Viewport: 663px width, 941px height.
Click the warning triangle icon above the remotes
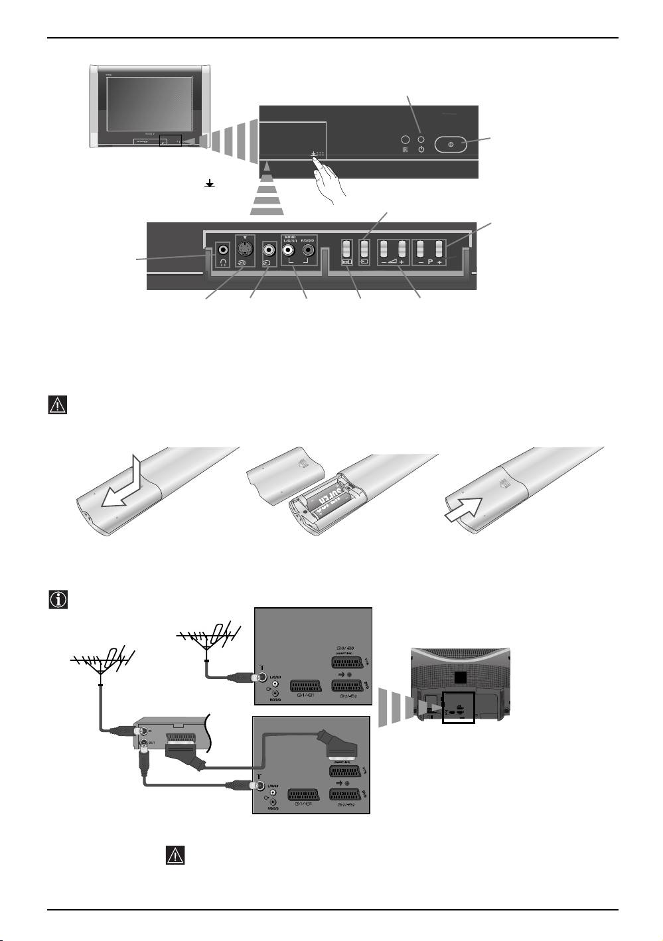click(x=58, y=405)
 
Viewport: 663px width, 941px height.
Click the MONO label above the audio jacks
click(x=289, y=237)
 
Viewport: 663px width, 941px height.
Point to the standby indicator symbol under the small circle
click(x=421, y=151)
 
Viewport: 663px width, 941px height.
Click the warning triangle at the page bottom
click(x=174, y=855)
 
